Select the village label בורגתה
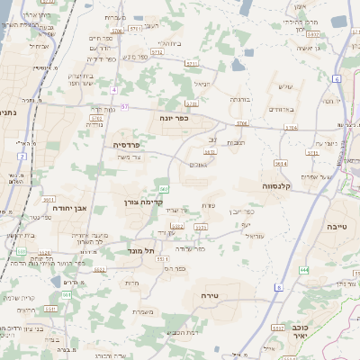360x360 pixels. pos(238,99)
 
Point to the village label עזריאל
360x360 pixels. pos(251,237)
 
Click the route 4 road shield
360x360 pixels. pos(114,91)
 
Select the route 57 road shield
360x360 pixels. pos(125,107)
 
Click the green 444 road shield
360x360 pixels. pos(305,269)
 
